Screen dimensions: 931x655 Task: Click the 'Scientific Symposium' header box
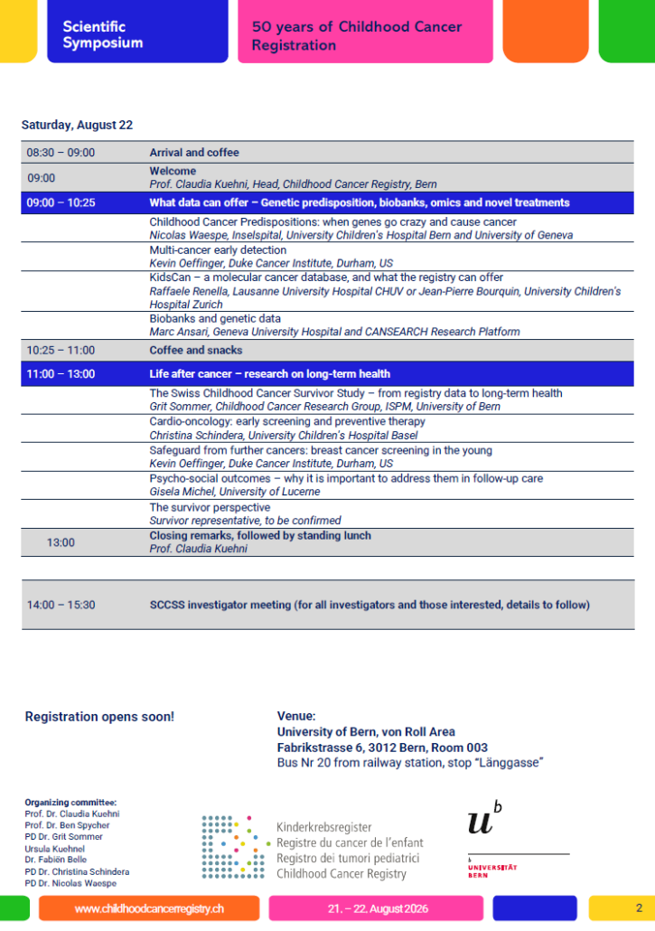(x=137, y=33)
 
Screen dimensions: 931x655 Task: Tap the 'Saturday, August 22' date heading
(x=77, y=125)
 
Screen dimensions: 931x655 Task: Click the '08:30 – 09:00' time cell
(x=61, y=153)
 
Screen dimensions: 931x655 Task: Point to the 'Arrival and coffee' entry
(x=194, y=153)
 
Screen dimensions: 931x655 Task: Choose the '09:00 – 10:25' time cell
(x=61, y=202)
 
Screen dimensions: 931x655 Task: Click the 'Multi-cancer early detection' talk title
(x=218, y=250)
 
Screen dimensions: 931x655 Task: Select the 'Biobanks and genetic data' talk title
(x=215, y=319)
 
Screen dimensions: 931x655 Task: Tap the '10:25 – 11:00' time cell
(x=61, y=350)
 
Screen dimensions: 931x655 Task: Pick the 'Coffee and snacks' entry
(x=195, y=350)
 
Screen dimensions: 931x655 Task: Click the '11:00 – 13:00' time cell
(x=61, y=373)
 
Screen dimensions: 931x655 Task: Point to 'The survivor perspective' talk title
(x=209, y=508)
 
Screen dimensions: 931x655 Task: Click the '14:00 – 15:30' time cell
(x=61, y=605)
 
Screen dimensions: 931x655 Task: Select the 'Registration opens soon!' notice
(x=99, y=717)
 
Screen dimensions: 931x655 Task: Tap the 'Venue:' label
(x=296, y=716)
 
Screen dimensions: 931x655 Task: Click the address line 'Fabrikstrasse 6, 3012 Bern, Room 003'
(x=382, y=748)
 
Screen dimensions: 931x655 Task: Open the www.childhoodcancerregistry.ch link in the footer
(x=149, y=907)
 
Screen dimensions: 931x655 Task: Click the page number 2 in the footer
(x=639, y=907)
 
